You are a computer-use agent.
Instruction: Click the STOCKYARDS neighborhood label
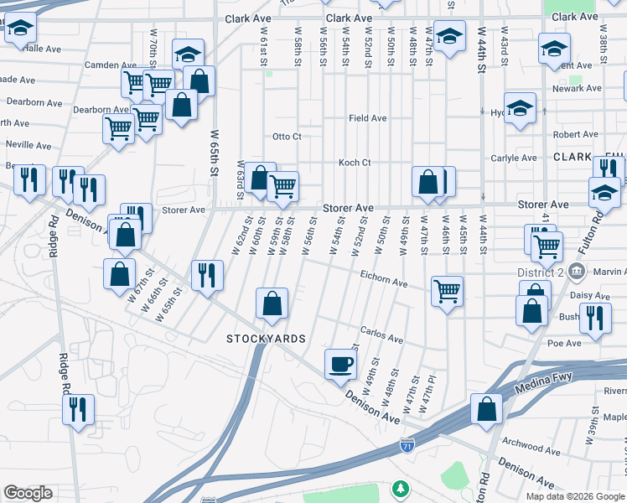tap(265, 339)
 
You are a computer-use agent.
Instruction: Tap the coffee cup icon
tap(339, 364)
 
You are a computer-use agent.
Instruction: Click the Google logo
tap(28, 493)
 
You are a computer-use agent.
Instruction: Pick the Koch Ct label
tap(355, 163)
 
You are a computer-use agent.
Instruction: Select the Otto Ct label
tap(286, 137)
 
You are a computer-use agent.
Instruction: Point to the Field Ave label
tap(368, 118)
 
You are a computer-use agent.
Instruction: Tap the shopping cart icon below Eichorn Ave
tap(447, 292)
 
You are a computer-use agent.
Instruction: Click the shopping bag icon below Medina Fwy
tap(486, 409)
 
